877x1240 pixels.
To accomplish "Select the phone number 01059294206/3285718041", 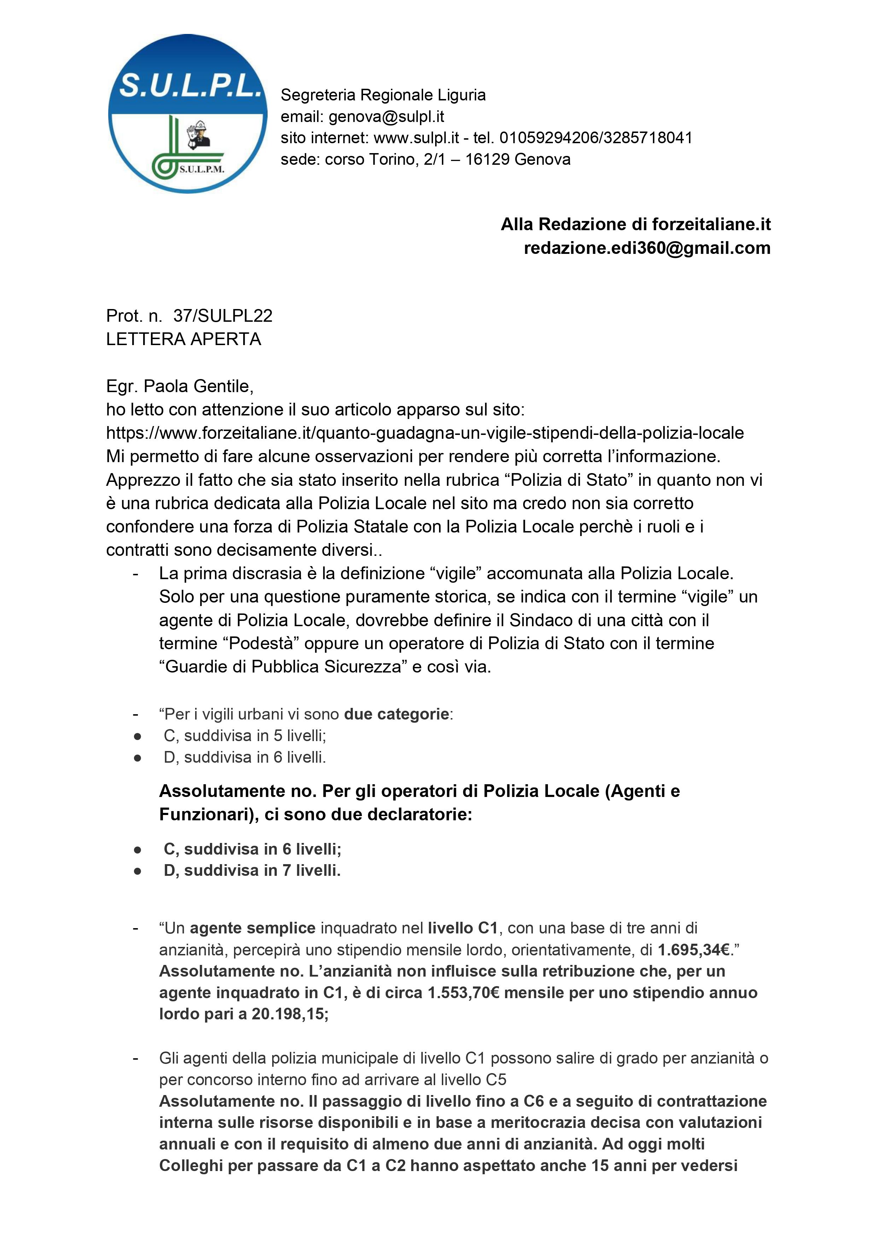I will point(596,138).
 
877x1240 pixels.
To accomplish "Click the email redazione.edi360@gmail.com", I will point(647,249).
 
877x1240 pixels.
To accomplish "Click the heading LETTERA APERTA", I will point(183,339).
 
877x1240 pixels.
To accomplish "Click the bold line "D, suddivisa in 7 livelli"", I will point(252,871).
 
